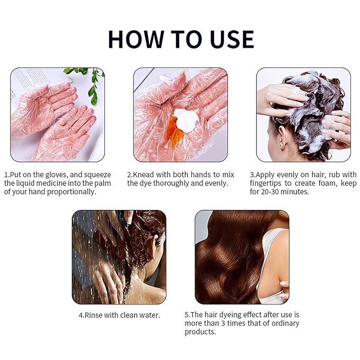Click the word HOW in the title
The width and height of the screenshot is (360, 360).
[x=136, y=39]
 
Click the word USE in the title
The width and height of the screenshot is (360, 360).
[x=232, y=39]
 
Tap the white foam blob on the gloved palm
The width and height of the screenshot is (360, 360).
[x=186, y=121]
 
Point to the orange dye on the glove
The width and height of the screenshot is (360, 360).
[x=175, y=131]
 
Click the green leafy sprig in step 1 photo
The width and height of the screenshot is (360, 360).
[x=90, y=83]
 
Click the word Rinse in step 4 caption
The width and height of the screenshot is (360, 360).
[x=93, y=315]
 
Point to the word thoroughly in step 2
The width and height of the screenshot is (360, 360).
[x=171, y=183]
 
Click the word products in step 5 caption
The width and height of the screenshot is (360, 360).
[x=200, y=332]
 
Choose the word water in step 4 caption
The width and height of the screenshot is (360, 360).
[x=149, y=315]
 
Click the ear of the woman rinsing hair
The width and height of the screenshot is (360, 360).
[x=157, y=242]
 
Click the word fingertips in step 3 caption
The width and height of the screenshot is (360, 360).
[x=266, y=183]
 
